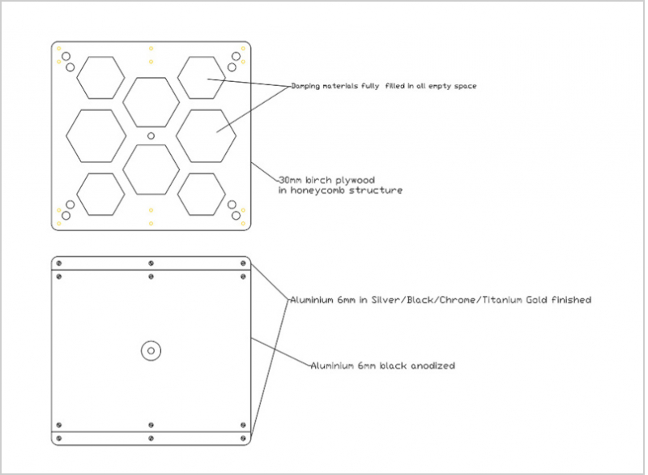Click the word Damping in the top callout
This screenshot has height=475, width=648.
(305, 86)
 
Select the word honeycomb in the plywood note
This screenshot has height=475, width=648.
(318, 190)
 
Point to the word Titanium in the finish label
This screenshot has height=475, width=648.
(502, 300)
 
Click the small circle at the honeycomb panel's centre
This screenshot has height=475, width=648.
(151, 135)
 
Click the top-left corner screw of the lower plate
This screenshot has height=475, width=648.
(58, 263)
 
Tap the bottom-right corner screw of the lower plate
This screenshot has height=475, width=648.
(243, 439)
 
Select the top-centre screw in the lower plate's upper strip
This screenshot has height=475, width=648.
(151, 263)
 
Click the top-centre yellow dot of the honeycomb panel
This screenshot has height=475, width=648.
(151, 49)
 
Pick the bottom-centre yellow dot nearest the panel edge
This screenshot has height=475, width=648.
(151, 224)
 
